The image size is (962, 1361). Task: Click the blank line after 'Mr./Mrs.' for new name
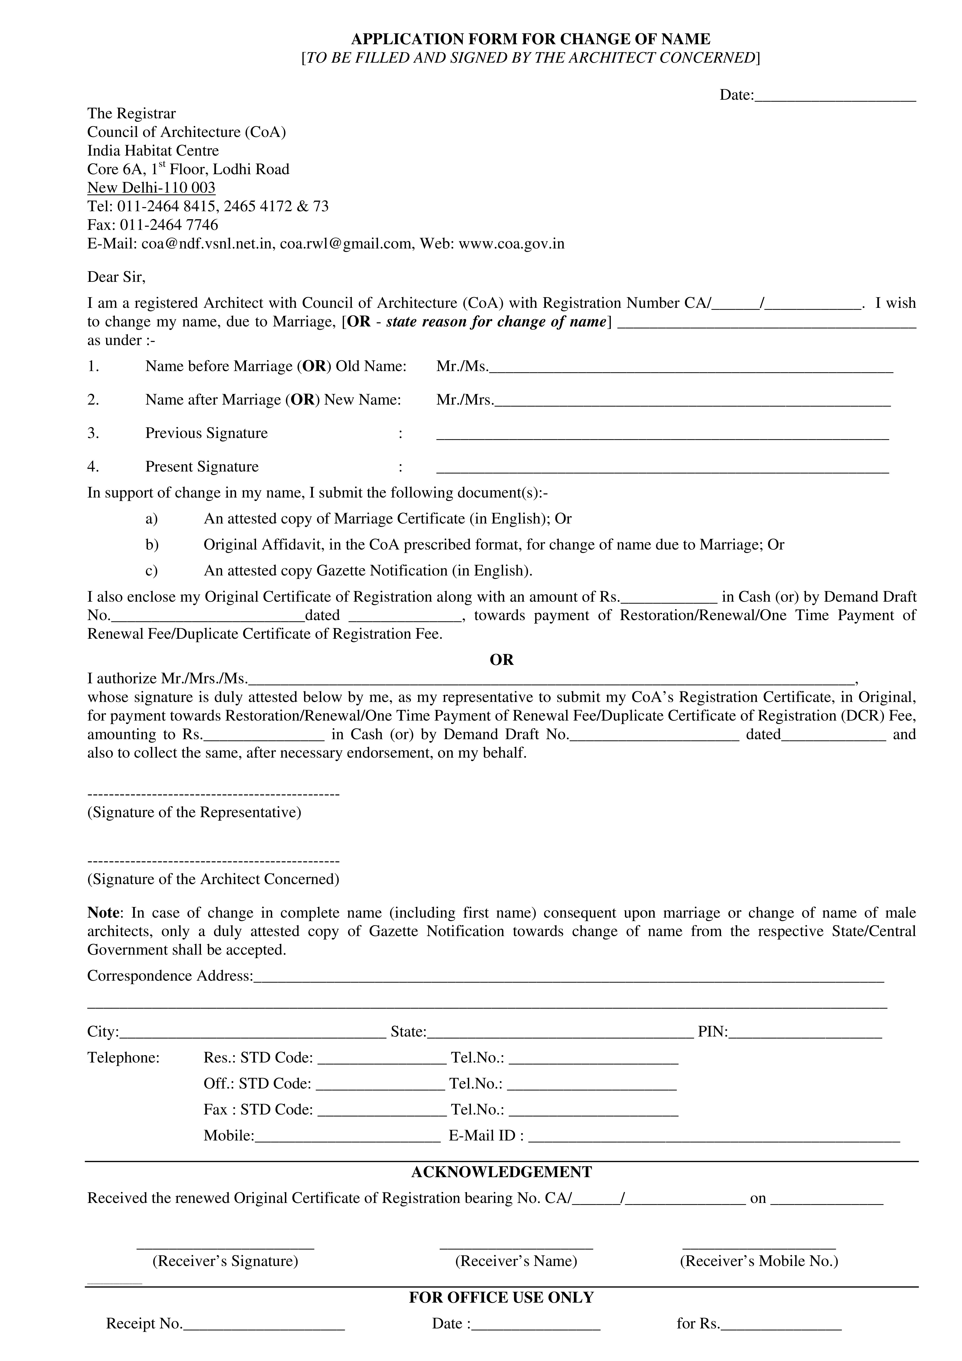pos(692,401)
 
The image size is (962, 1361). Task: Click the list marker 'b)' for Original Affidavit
pos(152,545)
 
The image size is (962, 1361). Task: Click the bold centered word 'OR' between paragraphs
pos(501,660)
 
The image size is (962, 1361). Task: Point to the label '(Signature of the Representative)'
pos(194,812)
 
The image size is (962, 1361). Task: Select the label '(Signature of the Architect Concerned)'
pos(213,879)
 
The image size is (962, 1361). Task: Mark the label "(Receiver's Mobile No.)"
pos(759,1261)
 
